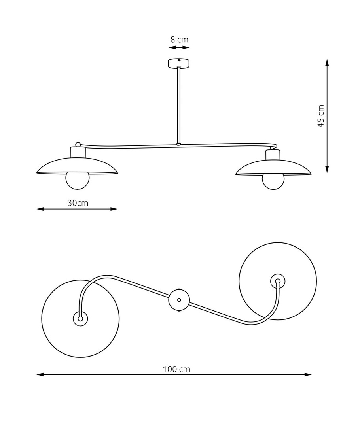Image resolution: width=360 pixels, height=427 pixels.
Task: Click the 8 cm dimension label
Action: [x=179, y=40]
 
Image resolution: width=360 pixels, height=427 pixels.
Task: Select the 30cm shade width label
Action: [x=78, y=203]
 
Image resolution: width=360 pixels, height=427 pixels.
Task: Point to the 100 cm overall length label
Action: [x=176, y=370]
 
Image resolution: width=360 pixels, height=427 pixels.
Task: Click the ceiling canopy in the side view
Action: [x=179, y=63]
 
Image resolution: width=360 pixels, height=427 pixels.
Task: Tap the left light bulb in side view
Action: [x=78, y=181]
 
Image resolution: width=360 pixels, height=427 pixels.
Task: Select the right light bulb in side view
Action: [x=273, y=181]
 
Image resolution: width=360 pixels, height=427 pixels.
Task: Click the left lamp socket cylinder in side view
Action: [x=78, y=152]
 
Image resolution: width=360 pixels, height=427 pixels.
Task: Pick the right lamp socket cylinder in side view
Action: [x=273, y=154]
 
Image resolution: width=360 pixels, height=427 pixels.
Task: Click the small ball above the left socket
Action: [x=78, y=145]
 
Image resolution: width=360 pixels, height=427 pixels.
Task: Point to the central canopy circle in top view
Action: [x=179, y=300]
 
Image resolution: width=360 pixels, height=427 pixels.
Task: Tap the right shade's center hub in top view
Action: [x=278, y=281]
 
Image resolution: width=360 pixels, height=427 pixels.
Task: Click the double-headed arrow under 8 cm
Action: [x=179, y=48]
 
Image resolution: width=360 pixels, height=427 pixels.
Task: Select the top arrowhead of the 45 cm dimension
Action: [x=327, y=62]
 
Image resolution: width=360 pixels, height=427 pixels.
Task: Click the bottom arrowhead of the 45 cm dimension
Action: [x=327, y=169]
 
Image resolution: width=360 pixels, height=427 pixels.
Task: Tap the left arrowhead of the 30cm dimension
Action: [x=40, y=209]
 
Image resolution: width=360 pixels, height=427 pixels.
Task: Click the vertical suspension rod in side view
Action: [x=179, y=105]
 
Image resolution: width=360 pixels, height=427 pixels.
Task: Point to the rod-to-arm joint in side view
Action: [x=179, y=144]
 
